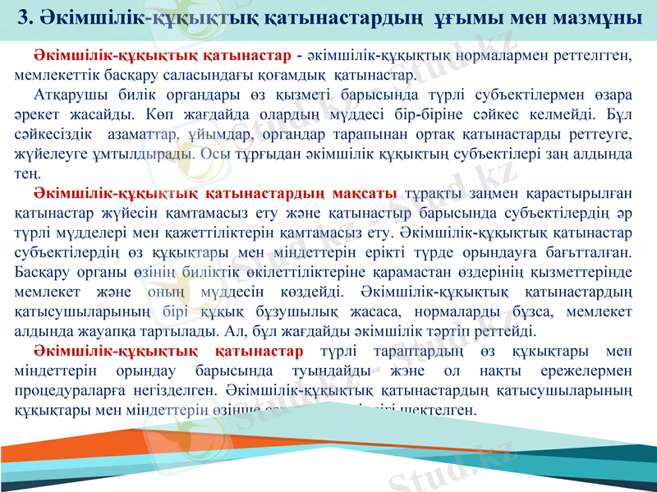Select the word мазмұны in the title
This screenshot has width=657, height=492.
pyautogui.click(x=600, y=16)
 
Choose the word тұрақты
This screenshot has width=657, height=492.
pyautogui.click(x=435, y=194)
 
